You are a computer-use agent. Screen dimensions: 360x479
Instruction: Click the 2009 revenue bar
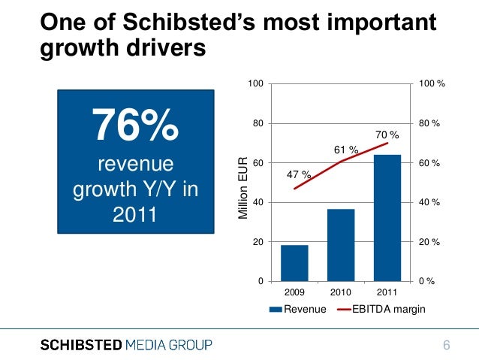tap(294, 262)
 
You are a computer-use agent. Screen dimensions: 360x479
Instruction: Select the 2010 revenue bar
tap(341, 244)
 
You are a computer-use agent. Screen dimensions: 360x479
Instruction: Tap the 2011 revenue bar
tap(387, 218)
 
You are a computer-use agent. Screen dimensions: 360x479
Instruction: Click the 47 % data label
tap(299, 175)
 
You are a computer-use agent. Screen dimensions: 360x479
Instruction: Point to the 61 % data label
tap(345, 150)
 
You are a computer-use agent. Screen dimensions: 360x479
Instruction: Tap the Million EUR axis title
tap(243, 188)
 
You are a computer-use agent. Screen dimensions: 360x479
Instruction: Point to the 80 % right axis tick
tap(429, 123)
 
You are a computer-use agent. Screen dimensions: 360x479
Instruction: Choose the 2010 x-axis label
tap(341, 291)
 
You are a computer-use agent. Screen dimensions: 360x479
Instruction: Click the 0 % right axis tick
tap(427, 281)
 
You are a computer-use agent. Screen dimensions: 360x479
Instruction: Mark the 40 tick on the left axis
tap(258, 203)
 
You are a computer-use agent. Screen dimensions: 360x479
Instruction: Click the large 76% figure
tap(135, 125)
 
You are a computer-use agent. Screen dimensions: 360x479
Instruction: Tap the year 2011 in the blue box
tap(135, 216)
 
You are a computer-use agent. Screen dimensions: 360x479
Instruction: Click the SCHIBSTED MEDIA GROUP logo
tap(126, 345)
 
